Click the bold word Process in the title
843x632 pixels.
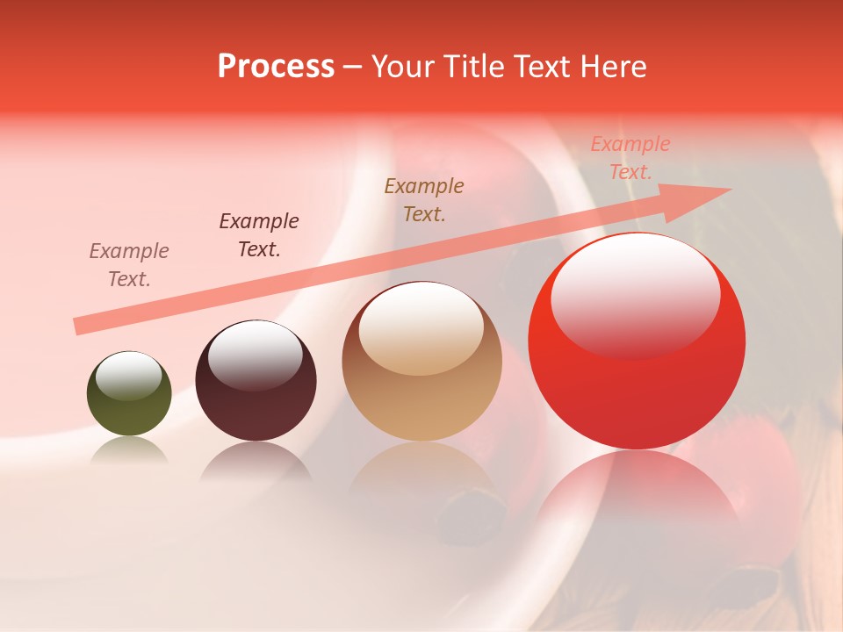[276, 67]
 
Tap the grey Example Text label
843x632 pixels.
[129, 265]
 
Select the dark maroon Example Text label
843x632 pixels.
[259, 235]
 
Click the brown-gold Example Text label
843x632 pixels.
[424, 199]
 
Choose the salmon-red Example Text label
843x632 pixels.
[630, 158]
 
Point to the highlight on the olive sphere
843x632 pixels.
[129, 377]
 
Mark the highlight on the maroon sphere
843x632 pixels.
[255, 355]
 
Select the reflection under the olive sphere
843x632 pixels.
[129, 452]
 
